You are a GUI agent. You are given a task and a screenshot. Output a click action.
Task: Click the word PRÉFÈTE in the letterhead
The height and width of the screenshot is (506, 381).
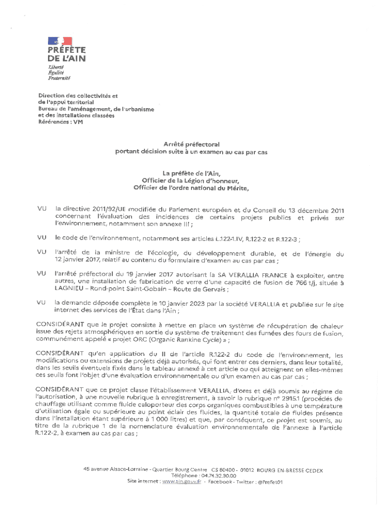67,50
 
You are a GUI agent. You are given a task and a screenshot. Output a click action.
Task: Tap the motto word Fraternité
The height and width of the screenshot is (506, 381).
59,78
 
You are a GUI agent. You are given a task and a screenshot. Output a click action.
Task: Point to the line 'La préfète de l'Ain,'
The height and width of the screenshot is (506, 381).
191,173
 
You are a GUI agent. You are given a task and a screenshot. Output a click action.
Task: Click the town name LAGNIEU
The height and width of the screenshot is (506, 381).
70,290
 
